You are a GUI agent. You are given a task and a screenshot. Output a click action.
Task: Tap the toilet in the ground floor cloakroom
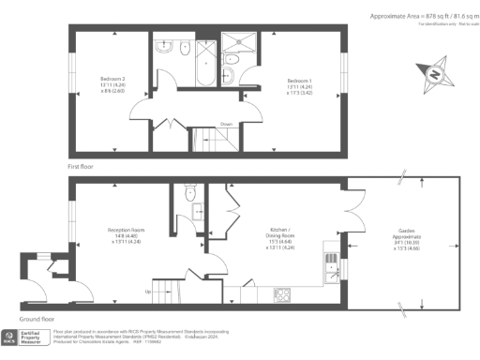(x=190, y=194)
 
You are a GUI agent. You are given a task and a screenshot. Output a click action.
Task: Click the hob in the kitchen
(x=282, y=294)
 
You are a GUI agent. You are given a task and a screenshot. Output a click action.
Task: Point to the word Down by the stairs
(x=226, y=123)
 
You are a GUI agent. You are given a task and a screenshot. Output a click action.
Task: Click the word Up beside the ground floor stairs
(x=147, y=292)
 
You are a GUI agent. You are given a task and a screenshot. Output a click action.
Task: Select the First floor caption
(x=82, y=166)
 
